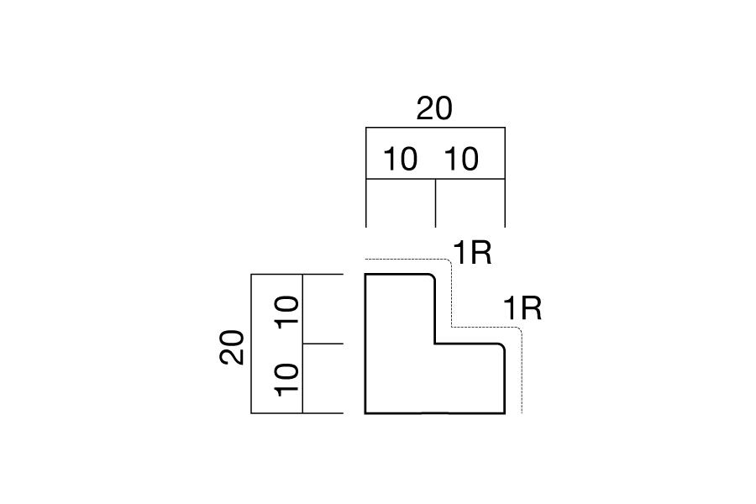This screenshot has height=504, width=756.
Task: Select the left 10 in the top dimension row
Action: point(400,160)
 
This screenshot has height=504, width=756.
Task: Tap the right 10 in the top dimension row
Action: point(460,160)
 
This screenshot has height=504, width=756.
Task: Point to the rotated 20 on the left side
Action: point(234,347)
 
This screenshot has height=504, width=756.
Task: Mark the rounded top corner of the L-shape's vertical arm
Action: point(432,277)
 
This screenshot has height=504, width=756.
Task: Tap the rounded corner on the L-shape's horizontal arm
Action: point(501,346)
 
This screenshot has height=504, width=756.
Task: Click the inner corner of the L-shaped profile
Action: point(435,344)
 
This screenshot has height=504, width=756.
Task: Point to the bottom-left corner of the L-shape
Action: point(365,412)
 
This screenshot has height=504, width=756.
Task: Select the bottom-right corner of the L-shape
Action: point(504,412)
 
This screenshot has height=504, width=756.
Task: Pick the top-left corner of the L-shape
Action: point(365,275)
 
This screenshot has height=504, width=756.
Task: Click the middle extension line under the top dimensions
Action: point(435,202)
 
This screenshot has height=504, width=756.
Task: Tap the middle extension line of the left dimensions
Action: point(323,344)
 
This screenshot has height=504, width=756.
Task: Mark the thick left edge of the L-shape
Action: point(365,344)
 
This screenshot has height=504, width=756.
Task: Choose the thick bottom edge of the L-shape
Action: point(434,412)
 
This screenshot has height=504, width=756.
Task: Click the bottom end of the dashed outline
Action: point(522,412)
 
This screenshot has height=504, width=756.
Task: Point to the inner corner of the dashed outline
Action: point(453,326)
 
